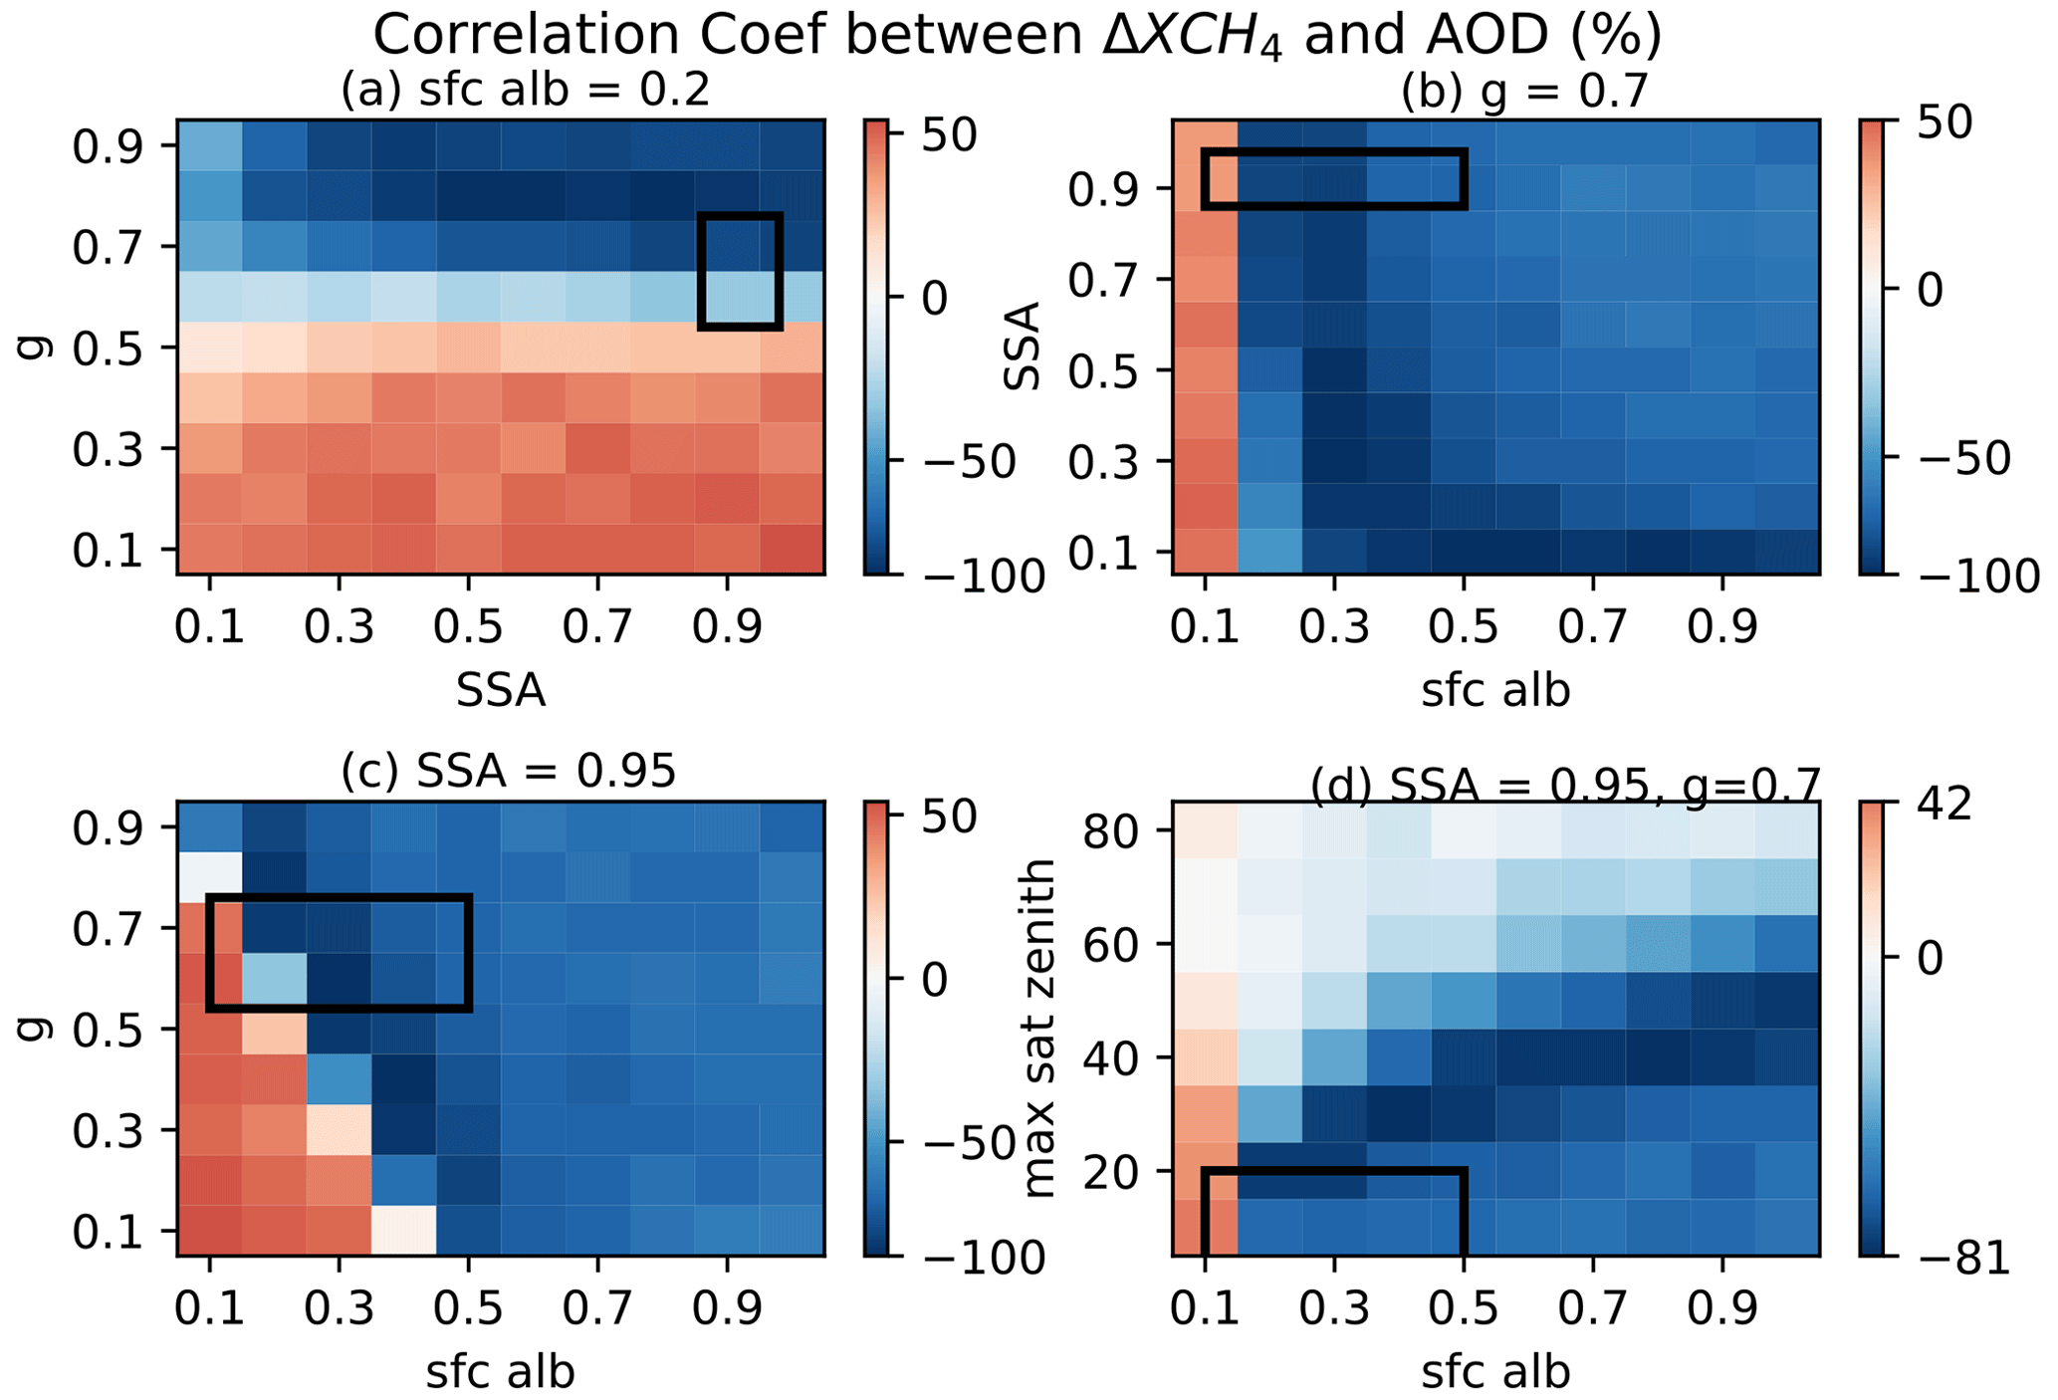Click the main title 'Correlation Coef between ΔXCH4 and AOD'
coord(1017,36)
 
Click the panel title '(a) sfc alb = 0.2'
coord(525,91)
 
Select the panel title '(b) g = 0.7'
coord(1523,92)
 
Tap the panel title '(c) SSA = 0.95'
coord(508,771)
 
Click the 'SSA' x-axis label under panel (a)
coord(501,690)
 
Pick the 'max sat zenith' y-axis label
coord(1038,1028)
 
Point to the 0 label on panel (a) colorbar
coord(934,298)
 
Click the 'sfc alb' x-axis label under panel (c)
coord(501,1372)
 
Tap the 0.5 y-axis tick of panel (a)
coord(109,349)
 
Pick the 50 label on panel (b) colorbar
coord(1942,124)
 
